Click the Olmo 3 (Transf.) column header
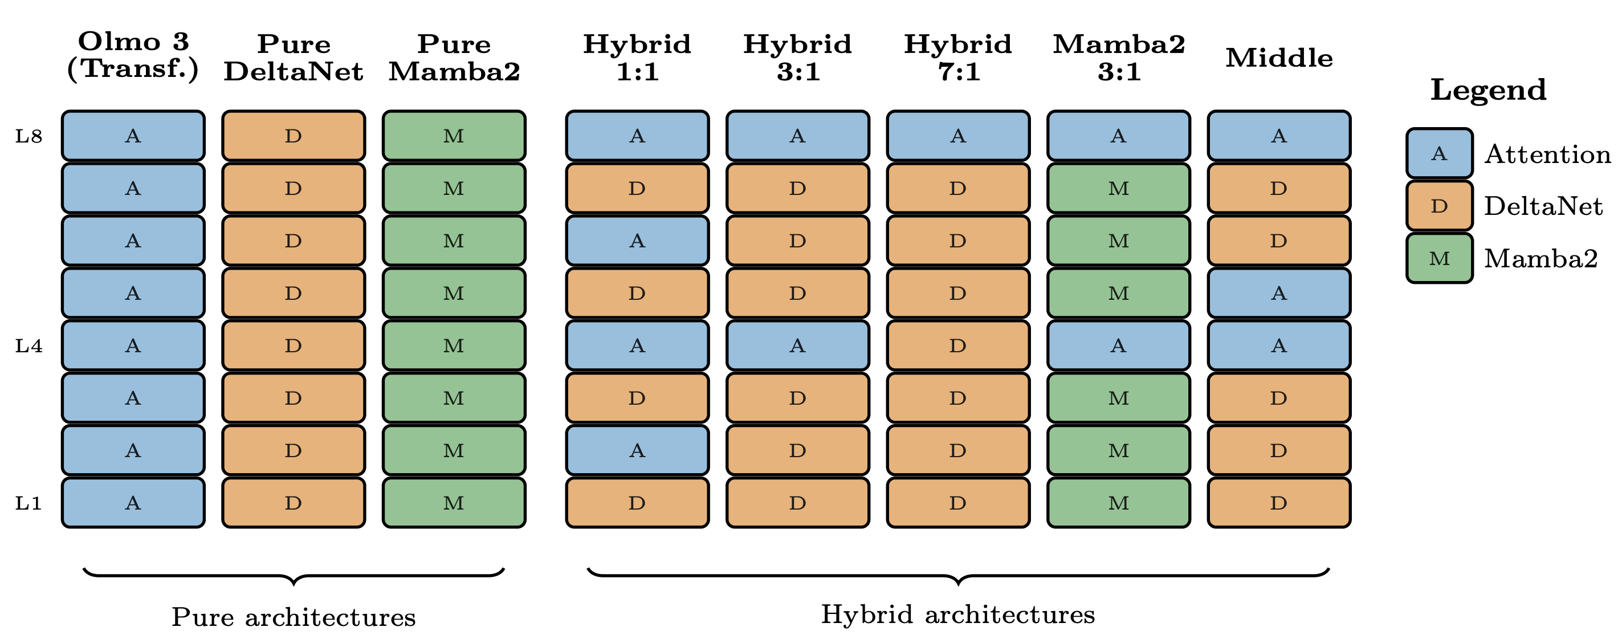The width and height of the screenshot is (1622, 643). [x=133, y=55]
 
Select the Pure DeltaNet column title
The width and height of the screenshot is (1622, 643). [x=294, y=58]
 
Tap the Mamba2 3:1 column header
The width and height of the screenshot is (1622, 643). [x=1119, y=58]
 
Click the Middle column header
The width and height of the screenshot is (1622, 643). [x=1279, y=58]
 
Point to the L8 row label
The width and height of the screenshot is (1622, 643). [x=29, y=136]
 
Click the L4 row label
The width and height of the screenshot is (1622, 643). [x=29, y=346]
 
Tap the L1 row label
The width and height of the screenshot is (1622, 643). [x=29, y=503]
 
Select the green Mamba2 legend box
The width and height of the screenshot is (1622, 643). [x=1440, y=259]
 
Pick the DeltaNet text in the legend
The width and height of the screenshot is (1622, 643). [x=1543, y=206]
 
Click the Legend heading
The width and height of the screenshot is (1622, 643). [x=1488, y=90]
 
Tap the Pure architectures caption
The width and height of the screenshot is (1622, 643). [x=294, y=617]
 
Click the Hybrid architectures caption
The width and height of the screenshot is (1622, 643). [x=957, y=614]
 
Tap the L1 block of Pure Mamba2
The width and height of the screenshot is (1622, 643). [x=454, y=503]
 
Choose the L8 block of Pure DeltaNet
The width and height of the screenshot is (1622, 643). [x=294, y=136]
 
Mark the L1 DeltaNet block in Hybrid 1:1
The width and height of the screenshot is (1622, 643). [x=637, y=503]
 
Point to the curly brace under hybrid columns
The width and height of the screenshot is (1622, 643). [x=957, y=576]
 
